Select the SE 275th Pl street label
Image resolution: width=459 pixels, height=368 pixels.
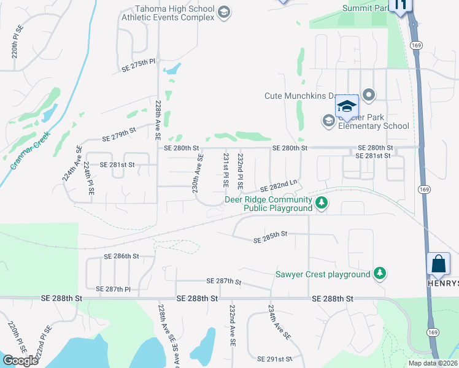click(139, 65)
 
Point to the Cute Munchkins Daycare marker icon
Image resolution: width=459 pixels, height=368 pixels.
click(369, 95)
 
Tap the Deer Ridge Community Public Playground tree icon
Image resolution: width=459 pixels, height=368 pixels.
click(320, 203)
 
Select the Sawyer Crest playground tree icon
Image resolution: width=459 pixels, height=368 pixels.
click(380, 274)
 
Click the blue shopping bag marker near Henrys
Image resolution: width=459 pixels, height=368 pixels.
click(439, 264)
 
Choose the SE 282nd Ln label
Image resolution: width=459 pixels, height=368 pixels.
click(279, 186)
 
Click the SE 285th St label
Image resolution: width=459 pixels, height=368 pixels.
click(270, 237)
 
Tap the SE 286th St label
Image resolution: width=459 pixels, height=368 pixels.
click(121, 256)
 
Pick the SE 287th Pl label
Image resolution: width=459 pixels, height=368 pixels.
click(114, 288)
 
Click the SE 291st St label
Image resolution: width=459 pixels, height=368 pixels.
click(275, 358)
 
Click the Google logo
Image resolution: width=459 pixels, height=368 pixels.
click(20, 361)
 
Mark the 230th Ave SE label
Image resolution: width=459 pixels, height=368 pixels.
click(198, 174)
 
